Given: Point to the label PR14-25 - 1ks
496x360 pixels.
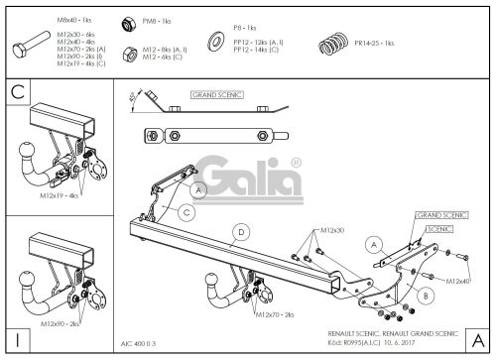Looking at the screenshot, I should (x=374, y=44).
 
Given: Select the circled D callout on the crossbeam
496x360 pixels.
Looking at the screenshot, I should (x=240, y=234).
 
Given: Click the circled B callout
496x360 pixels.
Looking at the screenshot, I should (x=425, y=295).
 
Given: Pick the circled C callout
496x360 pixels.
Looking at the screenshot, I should (x=185, y=211).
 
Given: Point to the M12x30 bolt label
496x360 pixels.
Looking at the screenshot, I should (x=331, y=230).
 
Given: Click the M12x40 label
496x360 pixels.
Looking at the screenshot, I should (x=458, y=281).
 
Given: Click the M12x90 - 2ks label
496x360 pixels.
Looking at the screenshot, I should (x=62, y=324).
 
